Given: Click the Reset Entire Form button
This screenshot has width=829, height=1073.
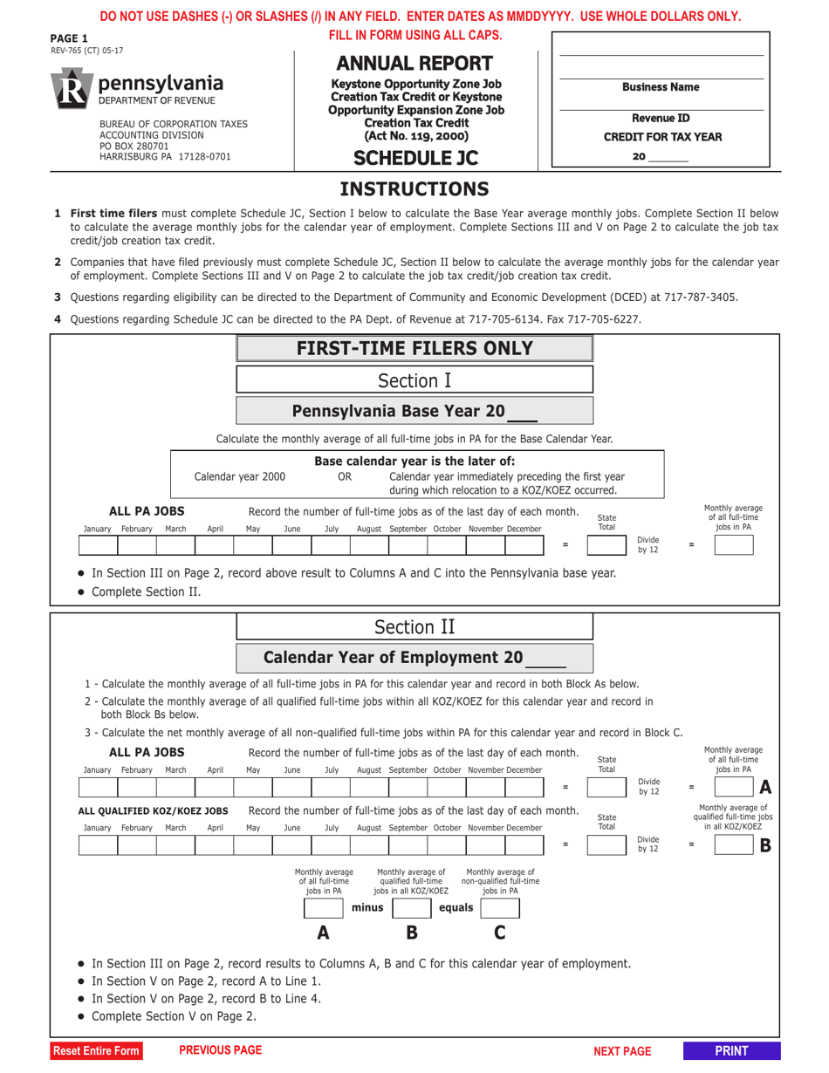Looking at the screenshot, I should pos(96,1051).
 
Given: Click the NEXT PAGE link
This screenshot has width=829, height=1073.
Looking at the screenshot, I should pos(622,1051).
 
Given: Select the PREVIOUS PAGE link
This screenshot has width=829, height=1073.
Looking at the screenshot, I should pos(220,1050).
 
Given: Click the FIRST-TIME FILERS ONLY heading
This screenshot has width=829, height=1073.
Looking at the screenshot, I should pos(414,349).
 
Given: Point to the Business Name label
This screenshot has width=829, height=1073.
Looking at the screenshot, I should pos(661,87).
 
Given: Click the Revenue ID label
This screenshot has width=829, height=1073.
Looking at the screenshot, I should pos(661,118).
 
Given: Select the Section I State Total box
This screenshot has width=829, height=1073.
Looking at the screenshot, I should pos(606,546).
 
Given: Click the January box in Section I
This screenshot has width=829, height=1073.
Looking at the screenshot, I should pos(98,546).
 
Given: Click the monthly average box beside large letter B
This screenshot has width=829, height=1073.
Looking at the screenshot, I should pos(733,844).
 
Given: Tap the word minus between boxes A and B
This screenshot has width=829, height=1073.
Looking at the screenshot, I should pos(367,908).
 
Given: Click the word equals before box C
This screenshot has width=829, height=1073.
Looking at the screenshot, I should pos(456,908).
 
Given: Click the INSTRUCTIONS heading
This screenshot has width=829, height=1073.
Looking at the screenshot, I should pos(414,189).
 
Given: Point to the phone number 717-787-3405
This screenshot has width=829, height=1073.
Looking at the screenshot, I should pos(701,297).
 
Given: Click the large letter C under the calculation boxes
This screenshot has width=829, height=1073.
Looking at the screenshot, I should pos(500,933).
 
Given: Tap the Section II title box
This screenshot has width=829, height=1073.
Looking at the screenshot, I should pos(414,627).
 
